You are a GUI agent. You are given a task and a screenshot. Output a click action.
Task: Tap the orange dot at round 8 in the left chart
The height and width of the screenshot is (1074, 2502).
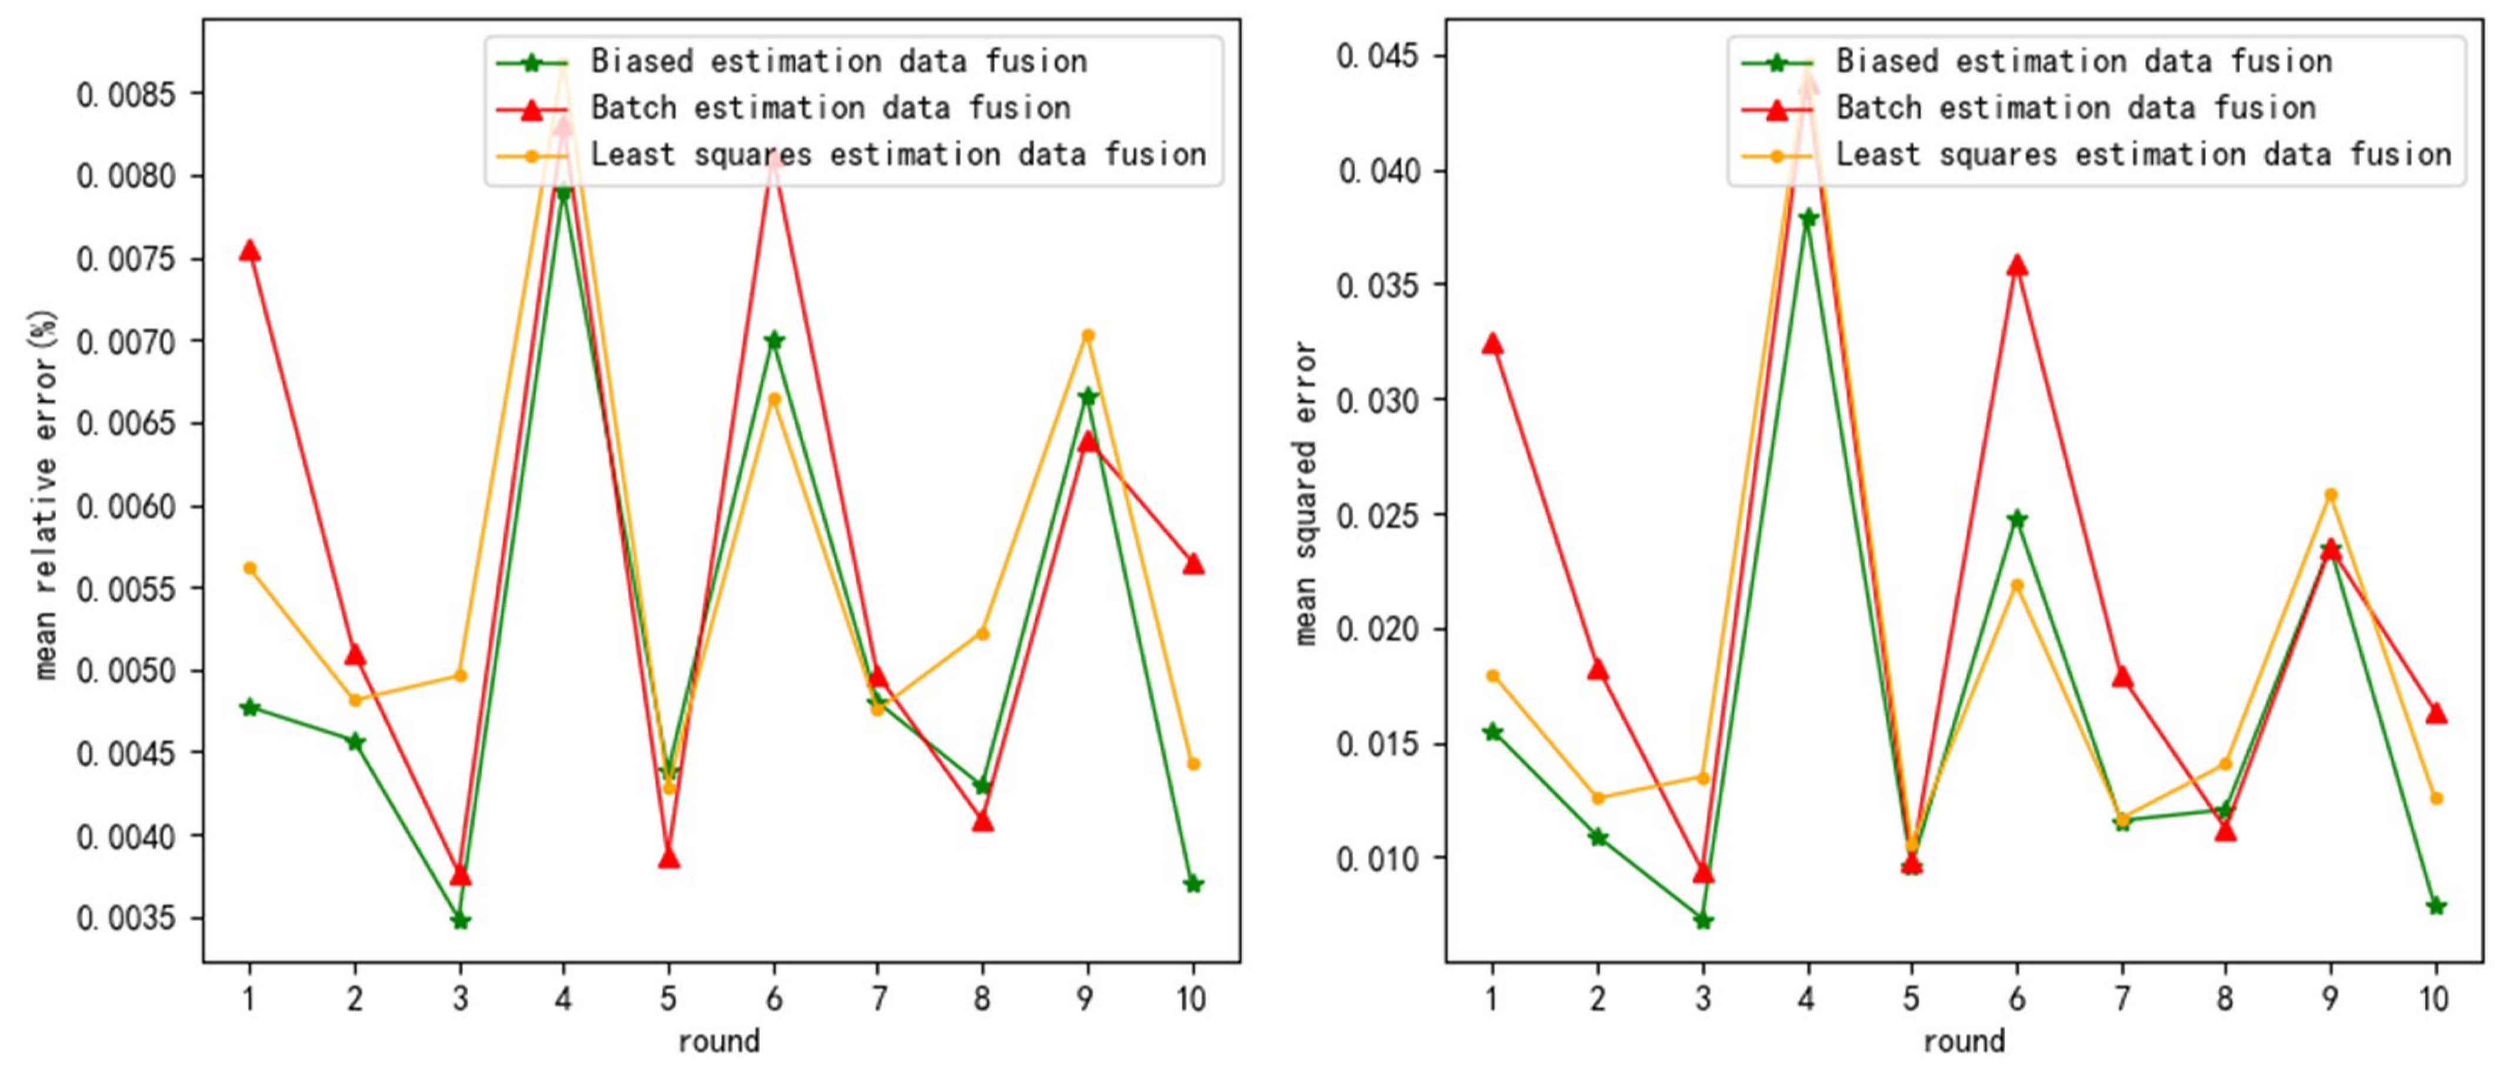click(982, 633)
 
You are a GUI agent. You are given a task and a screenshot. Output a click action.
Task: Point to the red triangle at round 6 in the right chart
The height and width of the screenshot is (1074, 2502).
click(2017, 266)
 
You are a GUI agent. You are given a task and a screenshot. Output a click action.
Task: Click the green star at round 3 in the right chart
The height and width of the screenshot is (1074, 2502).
click(1703, 919)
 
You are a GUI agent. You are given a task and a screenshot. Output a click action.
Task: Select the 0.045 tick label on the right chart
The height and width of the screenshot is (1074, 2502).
click(1378, 56)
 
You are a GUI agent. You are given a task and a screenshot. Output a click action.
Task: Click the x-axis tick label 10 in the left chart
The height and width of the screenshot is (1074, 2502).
click(1192, 998)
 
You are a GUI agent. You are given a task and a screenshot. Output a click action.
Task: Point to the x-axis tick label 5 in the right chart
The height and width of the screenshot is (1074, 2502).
click(1911, 998)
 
